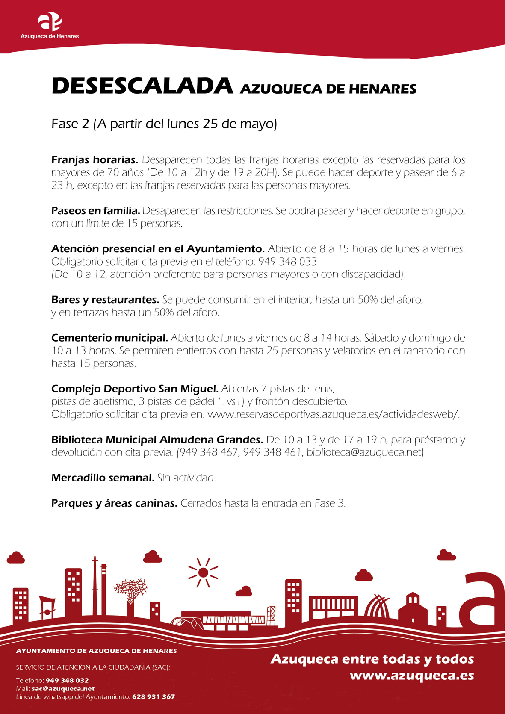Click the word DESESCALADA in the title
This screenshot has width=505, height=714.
[x=142, y=86]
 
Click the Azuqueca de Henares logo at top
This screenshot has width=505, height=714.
[x=50, y=25]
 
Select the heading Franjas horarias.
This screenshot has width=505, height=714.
[x=95, y=160]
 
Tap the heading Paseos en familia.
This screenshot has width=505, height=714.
[x=95, y=211]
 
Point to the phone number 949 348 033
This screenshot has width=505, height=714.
[x=288, y=262]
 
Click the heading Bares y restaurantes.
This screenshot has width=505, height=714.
[x=105, y=300]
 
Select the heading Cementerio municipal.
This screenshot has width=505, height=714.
[x=109, y=338]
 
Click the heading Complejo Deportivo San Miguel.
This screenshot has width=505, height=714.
[x=135, y=389]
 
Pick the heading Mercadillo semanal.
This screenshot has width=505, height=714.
[x=103, y=478]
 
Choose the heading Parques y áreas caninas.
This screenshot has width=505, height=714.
[x=114, y=503]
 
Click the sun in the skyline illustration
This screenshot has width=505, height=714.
[x=204, y=572]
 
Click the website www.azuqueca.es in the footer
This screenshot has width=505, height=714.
[x=412, y=676]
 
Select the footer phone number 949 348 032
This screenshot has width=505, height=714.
[x=67, y=680]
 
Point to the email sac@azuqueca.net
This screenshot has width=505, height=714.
[x=63, y=689]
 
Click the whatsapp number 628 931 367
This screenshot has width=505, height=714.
[x=154, y=697]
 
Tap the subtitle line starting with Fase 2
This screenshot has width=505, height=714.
[x=164, y=124]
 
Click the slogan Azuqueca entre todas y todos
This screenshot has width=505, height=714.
[x=372, y=659]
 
